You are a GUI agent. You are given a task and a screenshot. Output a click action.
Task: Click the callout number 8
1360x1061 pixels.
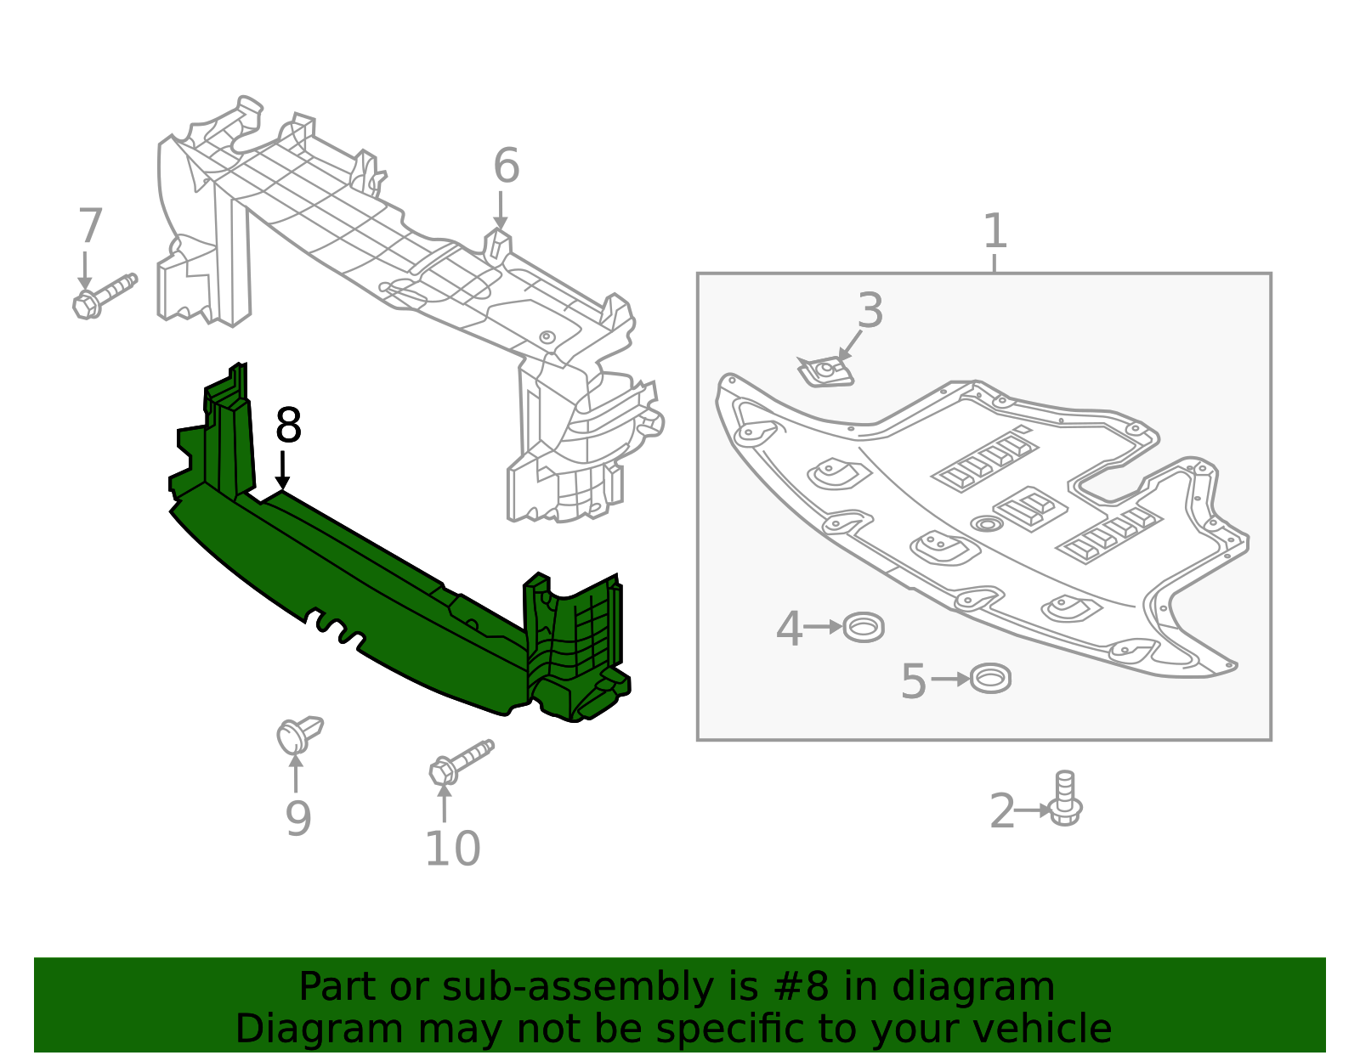pyautogui.click(x=288, y=426)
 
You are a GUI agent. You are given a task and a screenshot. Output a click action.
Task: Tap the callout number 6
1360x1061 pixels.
pyautogui.click(x=506, y=166)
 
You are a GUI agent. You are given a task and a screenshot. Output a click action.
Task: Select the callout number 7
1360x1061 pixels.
pyautogui.click(x=90, y=227)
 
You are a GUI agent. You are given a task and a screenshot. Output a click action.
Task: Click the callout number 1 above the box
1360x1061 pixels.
pyautogui.click(x=994, y=231)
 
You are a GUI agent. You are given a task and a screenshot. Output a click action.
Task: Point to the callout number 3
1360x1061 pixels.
pyautogui.click(x=870, y=311)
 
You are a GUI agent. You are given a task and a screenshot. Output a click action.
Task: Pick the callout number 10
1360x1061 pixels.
pyautogui.click(x=452, y=849)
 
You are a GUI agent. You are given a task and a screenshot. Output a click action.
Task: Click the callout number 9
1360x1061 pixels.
pyautogui.click(x=297, y=819)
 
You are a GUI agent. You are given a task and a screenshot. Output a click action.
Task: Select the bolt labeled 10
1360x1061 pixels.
pyautogui.click(x=459, y=762)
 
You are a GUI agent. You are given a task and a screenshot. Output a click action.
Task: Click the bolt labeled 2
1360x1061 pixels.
pyautogui.click(x=1064, y=799)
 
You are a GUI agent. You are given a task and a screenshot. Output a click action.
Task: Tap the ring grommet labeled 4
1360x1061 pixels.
pyautogui.click(x=864, y=628)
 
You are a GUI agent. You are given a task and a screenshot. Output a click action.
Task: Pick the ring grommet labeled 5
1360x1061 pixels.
pyautogui.click(x=990, y=679)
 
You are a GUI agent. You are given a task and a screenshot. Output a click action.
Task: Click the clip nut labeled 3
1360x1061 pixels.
pyautogui.click(x=825, y=372)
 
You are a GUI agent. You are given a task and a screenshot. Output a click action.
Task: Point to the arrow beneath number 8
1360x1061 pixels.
pyautogui.click(x=283, y=471)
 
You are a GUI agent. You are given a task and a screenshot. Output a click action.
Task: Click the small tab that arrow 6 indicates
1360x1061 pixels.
pyautogui.click(x=498, y=245)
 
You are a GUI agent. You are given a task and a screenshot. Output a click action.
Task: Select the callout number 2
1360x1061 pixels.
pyautogui.click(x=1002, y=811)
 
